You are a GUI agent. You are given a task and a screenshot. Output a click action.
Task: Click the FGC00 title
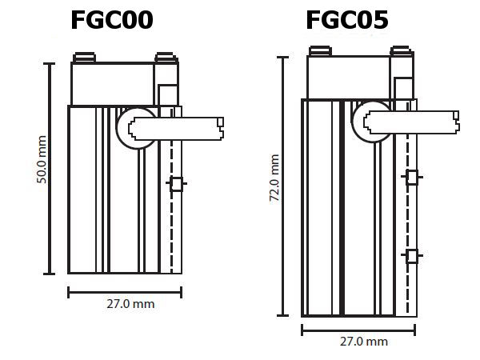coord(111,19)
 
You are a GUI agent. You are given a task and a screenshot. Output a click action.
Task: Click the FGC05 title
coord(347,19)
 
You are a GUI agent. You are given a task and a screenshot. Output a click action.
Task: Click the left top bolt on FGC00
coord(83,57)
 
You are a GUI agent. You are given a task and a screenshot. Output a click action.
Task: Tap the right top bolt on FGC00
coord(166,57)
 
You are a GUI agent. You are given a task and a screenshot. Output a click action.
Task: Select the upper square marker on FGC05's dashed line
coord(411,178)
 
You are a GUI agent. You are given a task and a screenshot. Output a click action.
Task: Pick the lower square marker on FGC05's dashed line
coord(411,256)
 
